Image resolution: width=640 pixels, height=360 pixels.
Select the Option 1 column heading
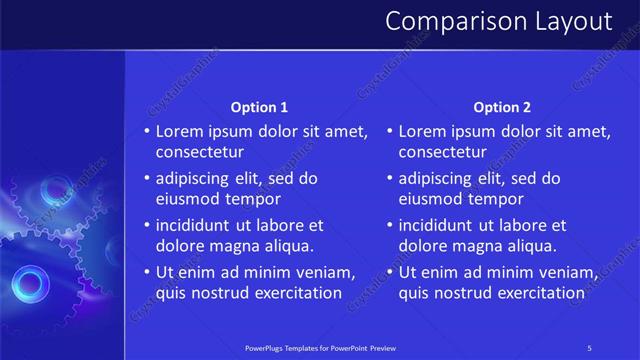pos(259,107)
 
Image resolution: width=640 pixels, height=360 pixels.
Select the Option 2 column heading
pos(502,107)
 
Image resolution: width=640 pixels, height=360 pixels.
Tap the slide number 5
pos(590,347)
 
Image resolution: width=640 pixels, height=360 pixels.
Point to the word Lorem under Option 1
pos(179,131)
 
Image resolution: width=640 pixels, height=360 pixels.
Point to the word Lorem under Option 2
pos(422,131)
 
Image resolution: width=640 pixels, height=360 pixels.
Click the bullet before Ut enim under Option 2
pos(390,272)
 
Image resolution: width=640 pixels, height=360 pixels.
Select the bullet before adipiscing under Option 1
pos(147,179)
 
